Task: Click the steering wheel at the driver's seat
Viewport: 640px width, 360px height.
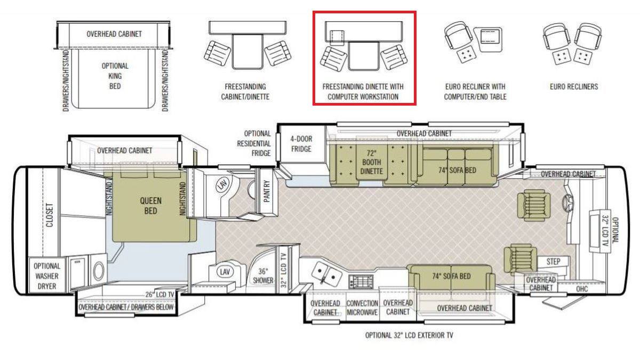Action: (x=567, y=203)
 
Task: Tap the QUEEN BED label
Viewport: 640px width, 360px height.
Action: (x=150, y=206)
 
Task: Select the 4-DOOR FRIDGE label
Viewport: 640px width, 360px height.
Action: (x=301, y=144)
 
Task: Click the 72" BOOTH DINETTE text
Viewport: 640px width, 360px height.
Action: (x=371, y=162)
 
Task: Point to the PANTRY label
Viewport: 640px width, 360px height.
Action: (x=267, y=191)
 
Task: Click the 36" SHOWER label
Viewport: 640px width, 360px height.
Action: (x=263, y=276)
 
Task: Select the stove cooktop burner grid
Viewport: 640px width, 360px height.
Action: (x=361, y=281)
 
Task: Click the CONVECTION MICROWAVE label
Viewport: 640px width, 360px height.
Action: (x=362, y=308)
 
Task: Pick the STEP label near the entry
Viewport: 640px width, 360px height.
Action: (x=553, y=261)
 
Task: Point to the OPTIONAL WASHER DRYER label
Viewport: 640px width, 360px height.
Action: (x=47, y=276)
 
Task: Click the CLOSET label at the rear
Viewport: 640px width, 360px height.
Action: (x=50, y=215)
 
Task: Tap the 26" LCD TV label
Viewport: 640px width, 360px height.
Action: (x=159, y=294)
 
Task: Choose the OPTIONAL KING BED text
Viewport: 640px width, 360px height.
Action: (x=115, y=76)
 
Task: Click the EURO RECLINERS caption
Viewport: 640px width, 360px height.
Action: (x=574, y=86)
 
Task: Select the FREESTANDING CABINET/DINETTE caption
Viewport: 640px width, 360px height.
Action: (x=245, y=92)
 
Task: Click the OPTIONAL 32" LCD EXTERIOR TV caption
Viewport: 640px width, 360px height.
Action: (x=409, y=335)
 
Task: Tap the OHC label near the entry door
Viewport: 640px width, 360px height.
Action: (x=582, y=289)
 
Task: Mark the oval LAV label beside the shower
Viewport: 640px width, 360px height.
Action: (x=225, y=271)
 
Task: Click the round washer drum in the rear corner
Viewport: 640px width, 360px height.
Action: (x=99, y=271)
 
